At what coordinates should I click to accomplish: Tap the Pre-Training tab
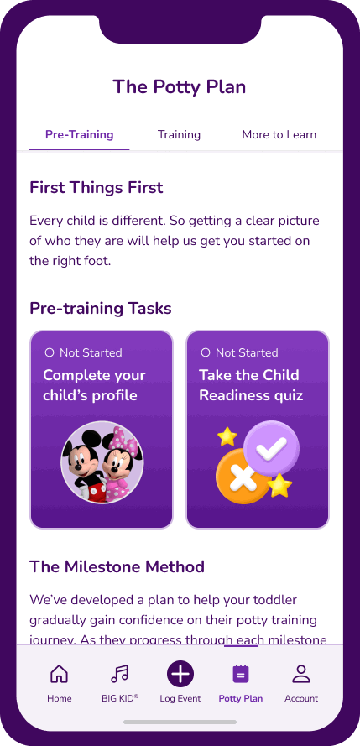[80, 134]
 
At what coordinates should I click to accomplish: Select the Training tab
[179, 134]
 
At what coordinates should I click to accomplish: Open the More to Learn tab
[279, 134]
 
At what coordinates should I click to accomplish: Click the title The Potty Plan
[180, 87]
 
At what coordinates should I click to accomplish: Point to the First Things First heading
[96, 187]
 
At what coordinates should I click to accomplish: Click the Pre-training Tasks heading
[101, 308]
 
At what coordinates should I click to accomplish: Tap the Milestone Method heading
[117, 566]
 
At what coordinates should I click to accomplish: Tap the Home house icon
[60, 674]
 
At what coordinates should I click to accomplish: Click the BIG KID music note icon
[119, 674]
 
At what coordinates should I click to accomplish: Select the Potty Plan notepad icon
[241, 674]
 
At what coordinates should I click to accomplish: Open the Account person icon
[301, 674]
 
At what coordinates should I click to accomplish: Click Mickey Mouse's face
[83, 457]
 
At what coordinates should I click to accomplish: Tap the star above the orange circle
[227, 436]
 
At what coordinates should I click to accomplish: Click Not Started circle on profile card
[49, 352]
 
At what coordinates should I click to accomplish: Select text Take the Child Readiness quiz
[251, 385]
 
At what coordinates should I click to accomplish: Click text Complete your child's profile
[94, 385]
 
